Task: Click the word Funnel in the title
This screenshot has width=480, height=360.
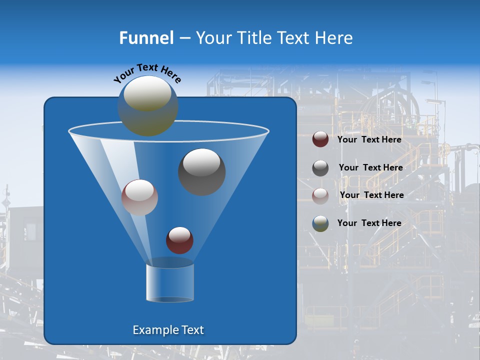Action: pyautogui.click(x=146, y=38)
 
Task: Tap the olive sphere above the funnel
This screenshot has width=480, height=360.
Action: pyautogui.click(x=147, y=106)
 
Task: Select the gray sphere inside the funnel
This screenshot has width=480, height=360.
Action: pyautogui.click(x=202, y=172)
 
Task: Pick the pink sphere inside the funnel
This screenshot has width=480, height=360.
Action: pyautogui.click(x=139, y=197)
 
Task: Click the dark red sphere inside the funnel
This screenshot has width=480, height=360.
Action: pyautogui.click(x=179, y=240)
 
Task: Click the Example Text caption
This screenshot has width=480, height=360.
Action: pyautogui.click(x=168, y=330)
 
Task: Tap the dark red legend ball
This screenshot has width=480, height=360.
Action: pyautogui.click(x=320, y=139)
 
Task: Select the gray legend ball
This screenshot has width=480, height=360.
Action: pyautogui.click(x=320, y=168)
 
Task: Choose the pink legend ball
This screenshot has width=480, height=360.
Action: pyautogui.click(x=320, y=195)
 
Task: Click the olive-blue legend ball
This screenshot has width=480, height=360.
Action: pyautogui.click(x=320, y=223)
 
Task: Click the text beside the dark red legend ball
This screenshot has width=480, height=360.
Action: pyautogui.click(x=369, y=139)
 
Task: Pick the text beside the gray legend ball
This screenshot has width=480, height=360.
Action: pyautogui.click(x=370, y=167)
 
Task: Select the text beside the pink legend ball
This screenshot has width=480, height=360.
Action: pyautogui.click(x=371, y=195)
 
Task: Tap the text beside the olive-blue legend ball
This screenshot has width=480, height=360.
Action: pyautogui.click(x=369, y=223)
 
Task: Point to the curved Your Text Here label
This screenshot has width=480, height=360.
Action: pyautogui.click(x=147, y=72)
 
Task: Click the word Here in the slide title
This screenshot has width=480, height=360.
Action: pyautogui.click(x=334, y=38)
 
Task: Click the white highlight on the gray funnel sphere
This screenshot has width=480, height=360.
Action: pyautogui.click(x=202, y=161)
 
